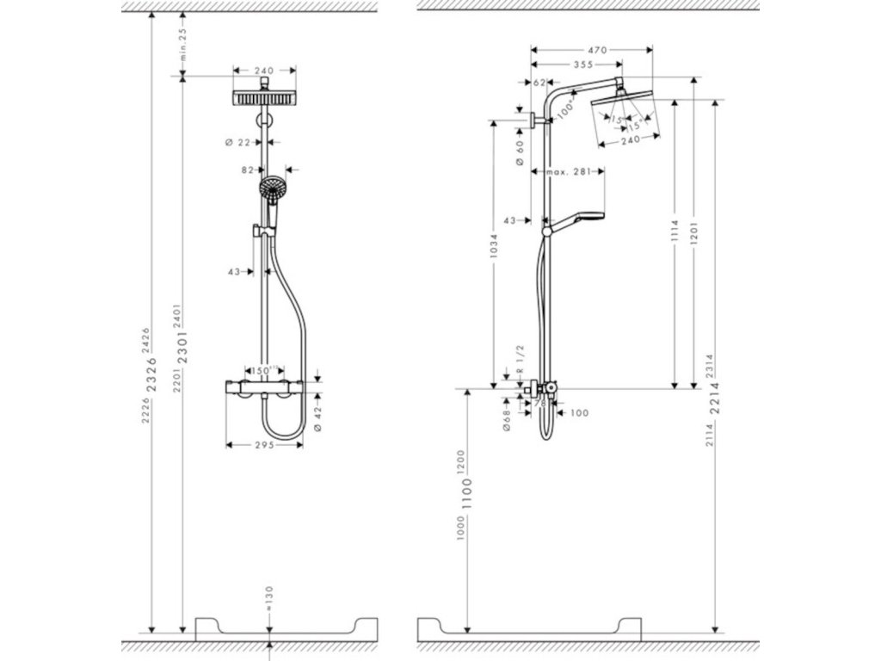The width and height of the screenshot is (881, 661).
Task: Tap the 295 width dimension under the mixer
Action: pyautogui.click(x=263, y=445)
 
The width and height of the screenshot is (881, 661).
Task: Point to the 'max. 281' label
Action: pyautogui.click(x=567, y=172)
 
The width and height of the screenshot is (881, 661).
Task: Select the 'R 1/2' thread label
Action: pyautogui.click(x=520, y=376)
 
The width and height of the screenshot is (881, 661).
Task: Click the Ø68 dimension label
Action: pyautogui.click(x=507, y=417)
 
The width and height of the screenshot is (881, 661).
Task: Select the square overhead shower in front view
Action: pyautogui.click(x=263, y=98)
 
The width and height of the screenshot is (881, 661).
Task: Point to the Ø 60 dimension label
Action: pyautogui.click(x=520, y=155)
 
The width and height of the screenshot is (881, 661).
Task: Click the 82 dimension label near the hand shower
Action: pyautogui.click(x=248, y=170)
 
